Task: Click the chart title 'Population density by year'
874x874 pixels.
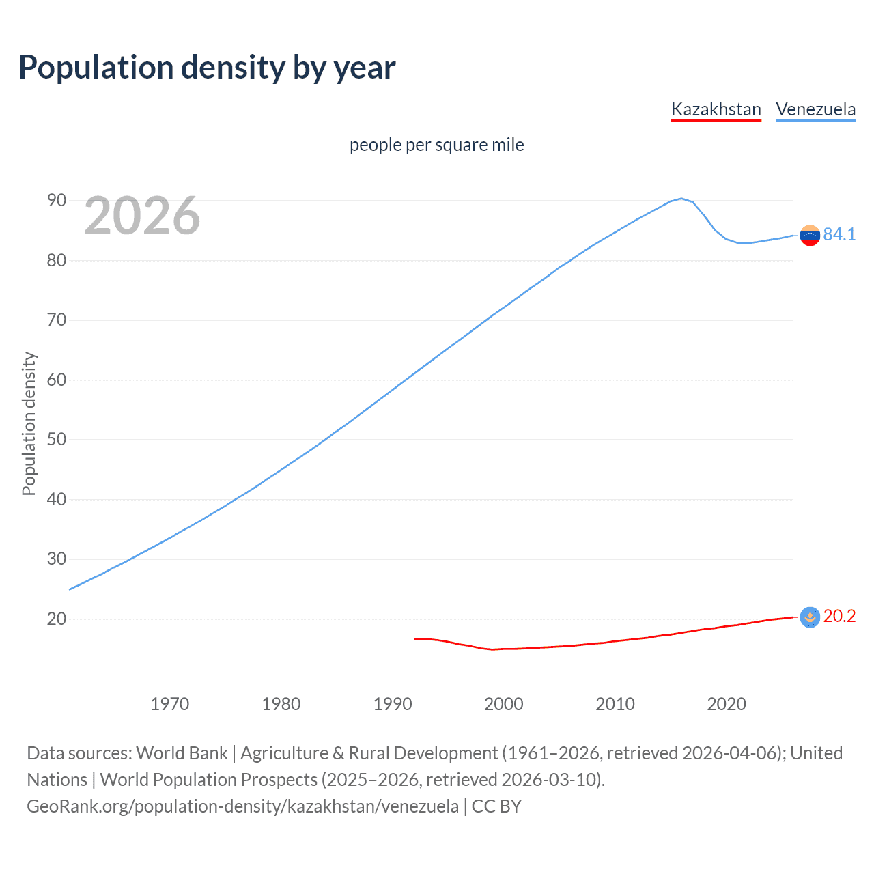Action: tap(207, 68)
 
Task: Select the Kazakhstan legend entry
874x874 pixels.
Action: tap(716, 109)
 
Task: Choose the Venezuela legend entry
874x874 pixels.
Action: tap(815, 109)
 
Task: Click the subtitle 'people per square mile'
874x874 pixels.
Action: tap(437, 145)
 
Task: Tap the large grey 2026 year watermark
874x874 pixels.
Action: tap(142, 216)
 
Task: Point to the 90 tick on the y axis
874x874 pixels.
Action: tap(57, 201)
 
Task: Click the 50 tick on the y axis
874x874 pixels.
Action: tap(57, 440)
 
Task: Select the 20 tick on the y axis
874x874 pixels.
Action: tap(57, 619)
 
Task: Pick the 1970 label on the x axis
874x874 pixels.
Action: tap(169, 704)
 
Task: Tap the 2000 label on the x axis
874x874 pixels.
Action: tap(503, 704)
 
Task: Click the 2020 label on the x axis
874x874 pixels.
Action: tap(726, 704)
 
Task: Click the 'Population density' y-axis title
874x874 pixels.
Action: tap(29, 423)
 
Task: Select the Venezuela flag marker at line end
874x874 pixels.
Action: tap(810, 235)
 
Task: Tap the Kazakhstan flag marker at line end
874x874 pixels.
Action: tap(810, 617)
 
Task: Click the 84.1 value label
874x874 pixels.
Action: tap(839, 234)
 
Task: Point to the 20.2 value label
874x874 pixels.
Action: tap(839, 617)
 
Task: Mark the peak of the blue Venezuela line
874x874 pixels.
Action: tap(681, 199)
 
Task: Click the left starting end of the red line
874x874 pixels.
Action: tap(415, 638)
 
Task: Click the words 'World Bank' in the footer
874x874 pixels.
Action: tap(182, 753)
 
